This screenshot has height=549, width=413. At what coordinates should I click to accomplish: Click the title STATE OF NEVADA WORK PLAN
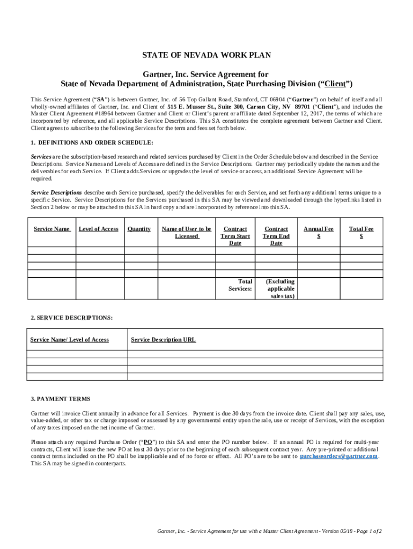(x=206, y=55)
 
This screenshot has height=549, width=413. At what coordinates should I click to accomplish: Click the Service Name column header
(x=51, y=229)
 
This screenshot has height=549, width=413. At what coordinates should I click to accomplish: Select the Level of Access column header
(x=98, y=229)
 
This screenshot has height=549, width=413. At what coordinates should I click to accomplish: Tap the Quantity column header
(x=139, y=229)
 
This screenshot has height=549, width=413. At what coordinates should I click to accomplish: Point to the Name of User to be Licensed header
(x=186, y=232)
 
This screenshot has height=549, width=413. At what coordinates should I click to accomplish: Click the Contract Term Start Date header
(x=235, y=236)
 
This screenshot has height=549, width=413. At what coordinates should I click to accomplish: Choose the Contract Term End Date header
(x=276, y=236)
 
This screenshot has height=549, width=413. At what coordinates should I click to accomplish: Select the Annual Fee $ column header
(x=319, y=232)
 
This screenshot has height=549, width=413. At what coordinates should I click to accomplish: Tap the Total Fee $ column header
(x=361, y=232)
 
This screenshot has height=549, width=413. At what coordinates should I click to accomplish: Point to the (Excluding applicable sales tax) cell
(x=280, y=288)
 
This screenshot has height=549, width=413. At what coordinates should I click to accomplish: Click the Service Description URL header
(x=163, y=340)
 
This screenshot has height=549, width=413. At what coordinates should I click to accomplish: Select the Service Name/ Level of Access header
(x=70, y=340)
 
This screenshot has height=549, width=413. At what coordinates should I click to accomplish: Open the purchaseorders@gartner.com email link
(x=338, y=456)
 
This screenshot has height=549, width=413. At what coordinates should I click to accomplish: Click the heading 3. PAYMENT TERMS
(x=61, y=399)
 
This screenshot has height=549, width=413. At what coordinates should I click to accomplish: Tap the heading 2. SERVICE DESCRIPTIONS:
(x=72, y=318)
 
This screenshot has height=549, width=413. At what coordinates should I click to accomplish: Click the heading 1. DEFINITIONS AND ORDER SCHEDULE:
(x=92, y=142)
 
